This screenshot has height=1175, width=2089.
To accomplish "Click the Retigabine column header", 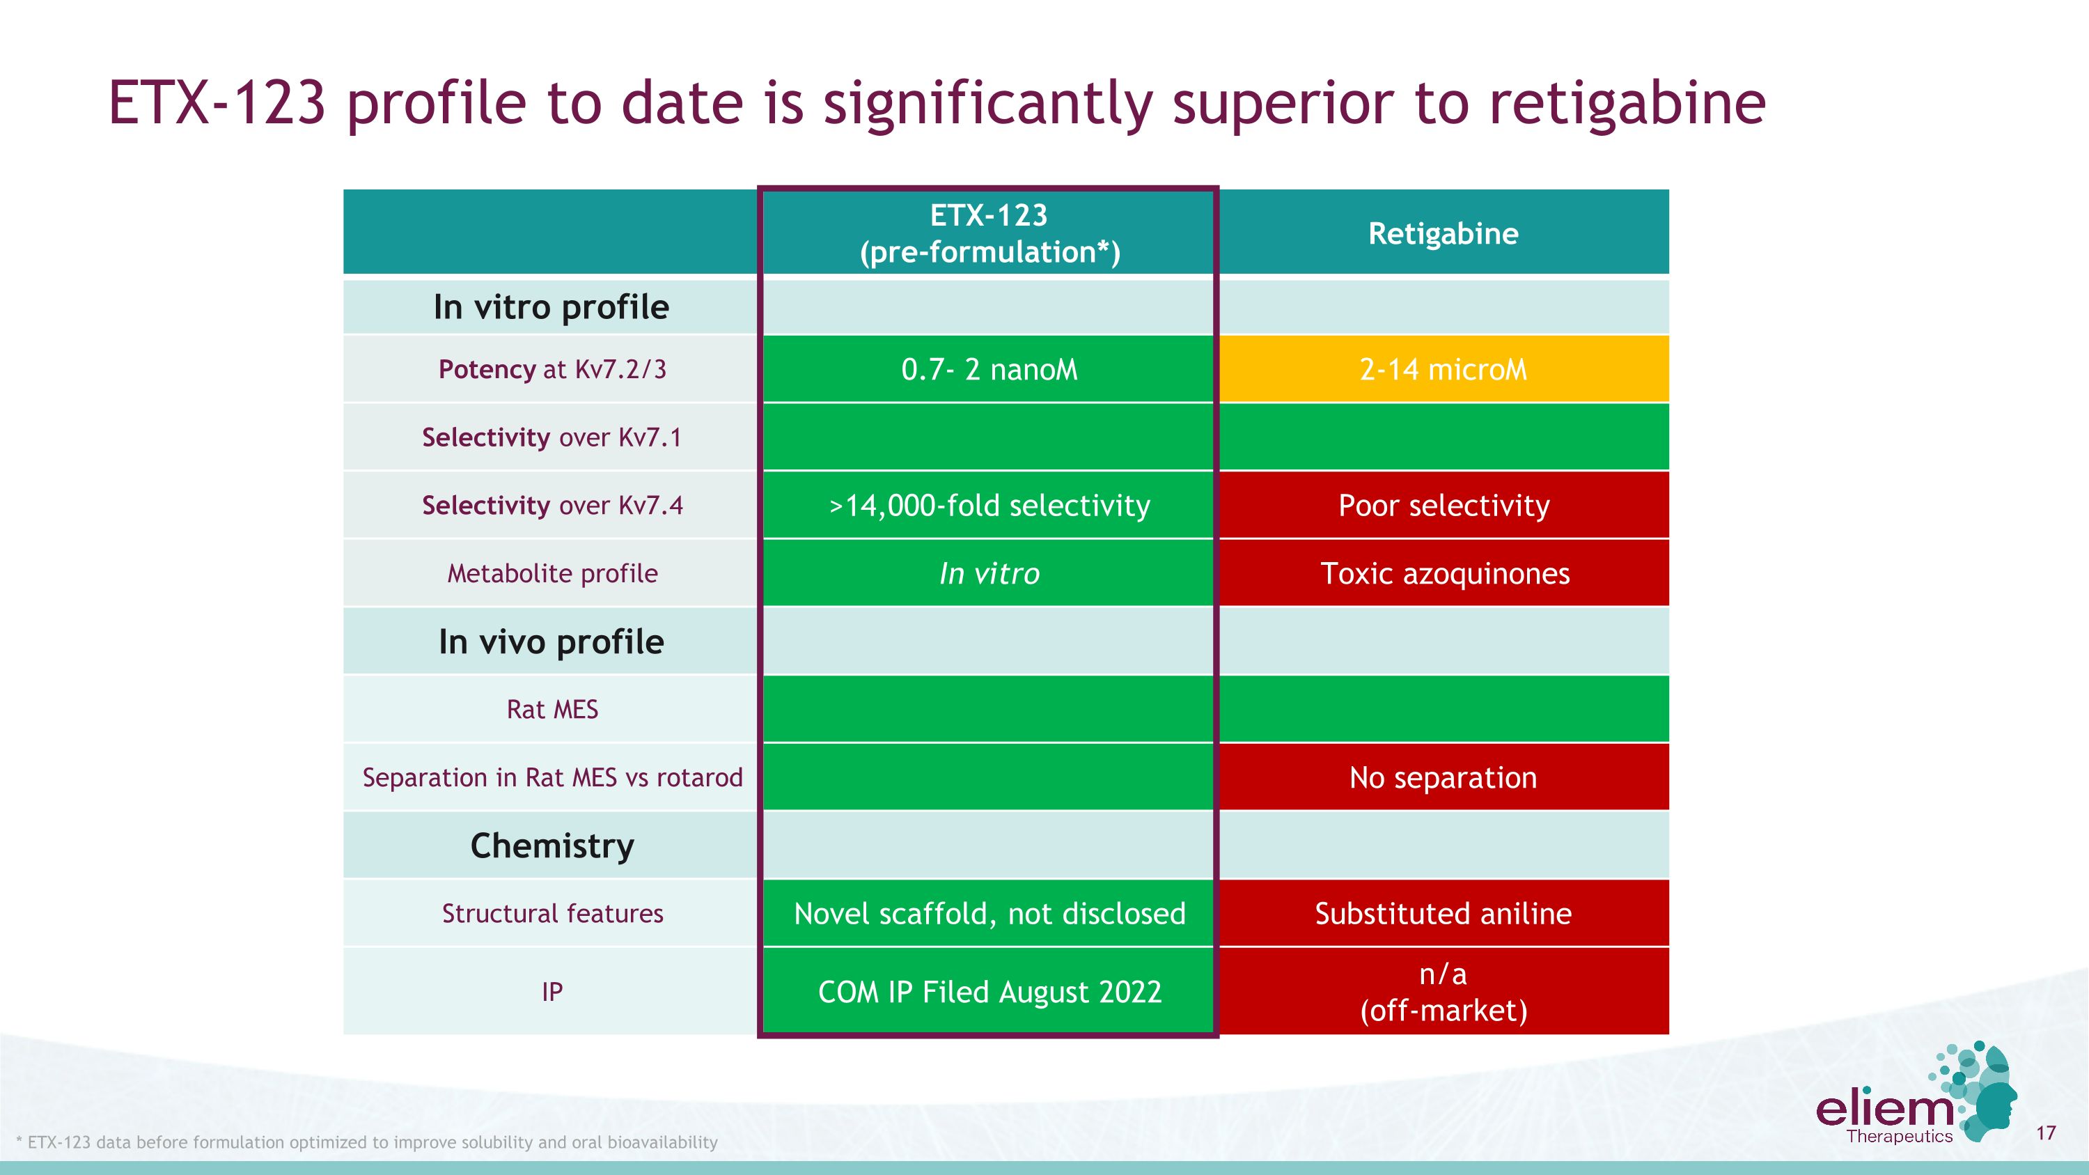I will point(1443,233).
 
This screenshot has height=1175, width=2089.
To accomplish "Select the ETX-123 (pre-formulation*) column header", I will point(989,233).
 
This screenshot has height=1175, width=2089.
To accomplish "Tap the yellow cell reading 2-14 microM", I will point(1443,369).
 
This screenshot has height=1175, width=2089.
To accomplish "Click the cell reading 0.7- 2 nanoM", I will point(989,369).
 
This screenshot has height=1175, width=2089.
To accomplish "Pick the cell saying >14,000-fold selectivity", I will point(989,505).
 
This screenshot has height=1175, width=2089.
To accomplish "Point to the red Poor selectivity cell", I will point(1443,505).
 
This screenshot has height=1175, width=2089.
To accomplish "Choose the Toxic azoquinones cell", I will point(1443,573).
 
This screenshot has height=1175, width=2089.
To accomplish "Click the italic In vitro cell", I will point(989,573).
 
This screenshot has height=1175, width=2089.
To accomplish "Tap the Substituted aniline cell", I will point(1443,914).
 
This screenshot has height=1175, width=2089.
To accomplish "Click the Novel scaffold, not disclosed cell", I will point(989,914).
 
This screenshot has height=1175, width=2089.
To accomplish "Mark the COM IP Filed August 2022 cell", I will point(989,992).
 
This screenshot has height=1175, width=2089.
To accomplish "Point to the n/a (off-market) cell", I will point(1443,992).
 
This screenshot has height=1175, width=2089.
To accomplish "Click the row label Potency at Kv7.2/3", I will point(551,369).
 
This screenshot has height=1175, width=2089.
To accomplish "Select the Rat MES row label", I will point(551,710).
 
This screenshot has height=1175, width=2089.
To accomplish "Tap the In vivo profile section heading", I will point(551,641).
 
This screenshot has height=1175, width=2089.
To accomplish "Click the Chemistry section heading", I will point(551,846).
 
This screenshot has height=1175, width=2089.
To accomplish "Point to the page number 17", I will point(2045,1133).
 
